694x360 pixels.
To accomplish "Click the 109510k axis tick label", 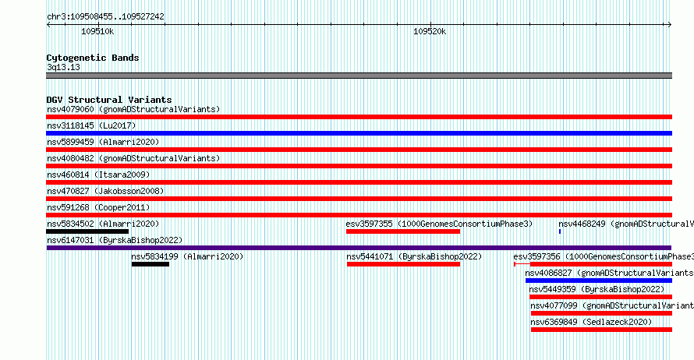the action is click(97, 32).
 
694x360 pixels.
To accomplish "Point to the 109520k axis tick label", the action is click(430, 32).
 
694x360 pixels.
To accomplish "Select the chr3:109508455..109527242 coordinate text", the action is click(105, 17).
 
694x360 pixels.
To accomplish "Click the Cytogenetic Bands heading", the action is click(93, 58).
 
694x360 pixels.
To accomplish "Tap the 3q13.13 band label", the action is click(63, 67).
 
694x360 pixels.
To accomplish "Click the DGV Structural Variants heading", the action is click(109, 100).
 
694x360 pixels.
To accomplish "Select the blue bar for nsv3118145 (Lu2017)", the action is click(359, 133).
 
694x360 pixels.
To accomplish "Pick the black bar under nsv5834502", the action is click(87, 231).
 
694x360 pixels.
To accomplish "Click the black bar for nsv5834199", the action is click(150, 264).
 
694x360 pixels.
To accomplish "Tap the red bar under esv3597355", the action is click(403, 231).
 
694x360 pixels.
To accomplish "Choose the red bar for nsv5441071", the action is click(404, 264).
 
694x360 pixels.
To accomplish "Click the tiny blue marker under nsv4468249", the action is click(560, 231).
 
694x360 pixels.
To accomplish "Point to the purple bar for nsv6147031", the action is click(359, 248).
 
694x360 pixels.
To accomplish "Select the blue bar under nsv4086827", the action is click(599, 281).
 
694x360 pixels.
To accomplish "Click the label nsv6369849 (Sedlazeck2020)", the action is click(591, 322).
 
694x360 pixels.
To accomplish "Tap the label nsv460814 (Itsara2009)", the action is click(98, 175).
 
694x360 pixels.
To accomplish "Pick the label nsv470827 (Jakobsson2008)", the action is click(105, 191).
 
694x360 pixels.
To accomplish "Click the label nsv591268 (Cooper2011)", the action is click(98, 207).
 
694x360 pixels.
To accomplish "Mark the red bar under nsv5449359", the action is click(600, 297).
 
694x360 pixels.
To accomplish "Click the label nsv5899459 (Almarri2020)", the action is click(103, 142).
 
